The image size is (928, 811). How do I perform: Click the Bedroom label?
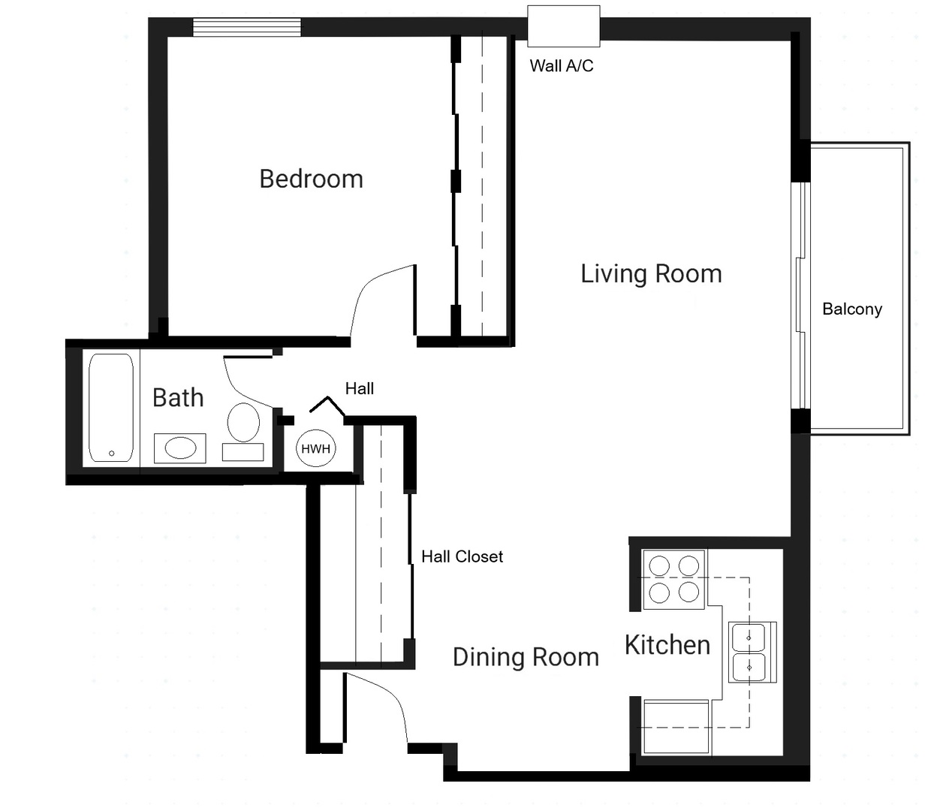311,179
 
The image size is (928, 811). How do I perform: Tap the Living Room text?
651,274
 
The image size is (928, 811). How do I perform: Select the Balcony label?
852,309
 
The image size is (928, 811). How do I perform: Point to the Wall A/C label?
562,66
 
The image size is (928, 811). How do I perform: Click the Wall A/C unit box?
563,26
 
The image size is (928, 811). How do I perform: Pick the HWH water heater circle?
315,448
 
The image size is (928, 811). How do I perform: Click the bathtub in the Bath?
111,407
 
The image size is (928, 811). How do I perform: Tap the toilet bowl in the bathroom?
243,422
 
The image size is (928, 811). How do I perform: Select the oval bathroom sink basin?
180,448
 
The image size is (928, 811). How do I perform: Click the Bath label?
178,398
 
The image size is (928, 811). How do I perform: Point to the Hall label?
359,388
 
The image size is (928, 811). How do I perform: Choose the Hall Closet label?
462,556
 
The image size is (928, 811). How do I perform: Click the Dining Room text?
526,657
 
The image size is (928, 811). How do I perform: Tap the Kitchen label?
667,645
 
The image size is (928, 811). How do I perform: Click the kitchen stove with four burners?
674,580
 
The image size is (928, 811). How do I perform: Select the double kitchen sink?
752,653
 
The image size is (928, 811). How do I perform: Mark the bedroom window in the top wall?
247,27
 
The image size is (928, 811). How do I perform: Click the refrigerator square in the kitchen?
676,727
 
